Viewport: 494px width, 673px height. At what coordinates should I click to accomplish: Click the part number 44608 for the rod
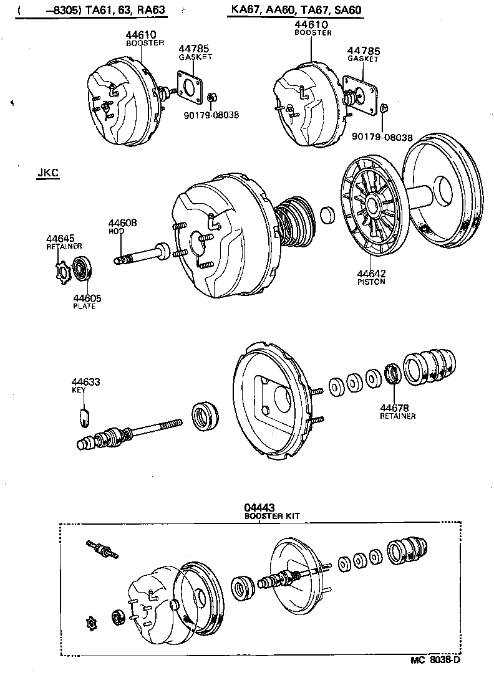(x=122, y=222)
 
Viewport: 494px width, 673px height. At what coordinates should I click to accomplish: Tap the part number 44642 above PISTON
(x=372, y=273)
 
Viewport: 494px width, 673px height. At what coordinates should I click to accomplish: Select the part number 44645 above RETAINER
(x=59, y=238)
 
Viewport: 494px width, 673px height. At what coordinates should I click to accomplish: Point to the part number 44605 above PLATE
(x=87, y=298)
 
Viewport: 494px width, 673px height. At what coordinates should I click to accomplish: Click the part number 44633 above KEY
(x=85, y=382)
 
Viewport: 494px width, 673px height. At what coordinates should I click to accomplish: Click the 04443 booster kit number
(x=259, y=508)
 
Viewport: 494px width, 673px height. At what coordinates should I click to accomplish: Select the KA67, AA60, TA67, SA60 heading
(x=295, y=11)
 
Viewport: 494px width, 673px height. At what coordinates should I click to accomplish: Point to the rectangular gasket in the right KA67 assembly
(x=359, y=93)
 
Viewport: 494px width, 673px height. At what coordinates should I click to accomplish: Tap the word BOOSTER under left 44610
(x=144, y=44)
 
